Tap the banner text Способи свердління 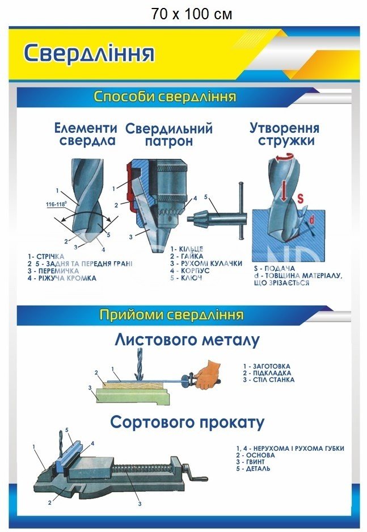coord(164,97)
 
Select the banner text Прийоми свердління coord(171,314)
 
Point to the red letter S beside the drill coord(301,198)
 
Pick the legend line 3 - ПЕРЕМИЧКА coord(53,270)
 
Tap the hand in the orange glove coord(210,374)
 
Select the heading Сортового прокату coord(187,422)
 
